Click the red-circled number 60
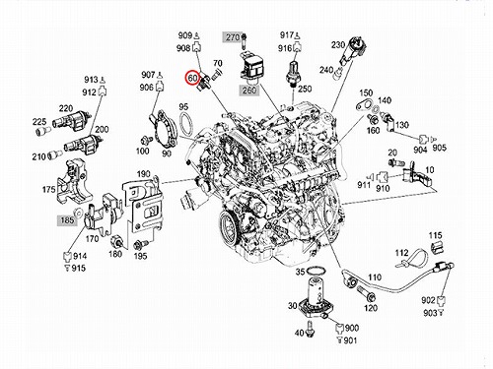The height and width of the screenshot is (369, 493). tap(192, 78)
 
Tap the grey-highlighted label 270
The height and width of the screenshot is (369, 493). tap(233, 37)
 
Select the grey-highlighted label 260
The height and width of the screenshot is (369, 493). tap(249, 90)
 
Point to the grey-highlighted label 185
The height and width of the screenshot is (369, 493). tap(67, 219)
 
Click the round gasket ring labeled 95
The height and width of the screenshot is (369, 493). tap(186, 124)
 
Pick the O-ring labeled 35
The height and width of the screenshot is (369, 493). tap(316, 272)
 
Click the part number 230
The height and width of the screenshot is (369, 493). tap(338, 44)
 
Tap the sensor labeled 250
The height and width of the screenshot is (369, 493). tap(292, 74)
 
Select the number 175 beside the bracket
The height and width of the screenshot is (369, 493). tap(49, 189)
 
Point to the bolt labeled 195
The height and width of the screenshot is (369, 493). tap(139, 245)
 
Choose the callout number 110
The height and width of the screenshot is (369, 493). tap(375, 277)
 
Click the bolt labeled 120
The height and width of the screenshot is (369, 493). tap(366, 293)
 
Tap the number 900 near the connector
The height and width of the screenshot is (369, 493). tap(352, 328)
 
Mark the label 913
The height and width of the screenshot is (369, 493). tap(91, 80)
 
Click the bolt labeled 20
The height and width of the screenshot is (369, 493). tap(396, 162)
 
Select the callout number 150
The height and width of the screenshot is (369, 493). tap(366, 92)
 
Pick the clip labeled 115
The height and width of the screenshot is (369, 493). tap(437, 248)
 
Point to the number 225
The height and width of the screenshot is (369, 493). tap(39, 122)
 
